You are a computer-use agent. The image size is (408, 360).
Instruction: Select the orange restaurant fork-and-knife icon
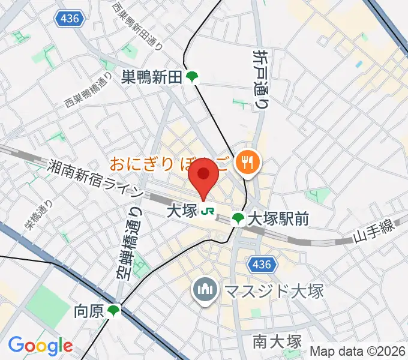pyautogui.click(x=248, y=160)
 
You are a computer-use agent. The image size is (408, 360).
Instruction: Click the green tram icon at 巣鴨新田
pyautogui.click(x=192, y=76)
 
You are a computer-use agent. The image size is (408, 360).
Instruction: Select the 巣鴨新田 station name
pyautogui.click(x=152, y=77)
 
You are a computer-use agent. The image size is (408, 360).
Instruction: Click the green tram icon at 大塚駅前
pyautogui.click(x=238, y=219)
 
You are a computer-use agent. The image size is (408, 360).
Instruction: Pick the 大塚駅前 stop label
pyautogui.click(x=278, y=219)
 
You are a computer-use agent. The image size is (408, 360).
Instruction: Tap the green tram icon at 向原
pyautogui.click(x=113, y=310)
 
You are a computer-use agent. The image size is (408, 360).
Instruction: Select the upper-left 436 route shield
pyautogui.click(x=70, y=20)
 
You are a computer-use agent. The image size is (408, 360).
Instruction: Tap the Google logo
pyautogui.click(x=40, y=346)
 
